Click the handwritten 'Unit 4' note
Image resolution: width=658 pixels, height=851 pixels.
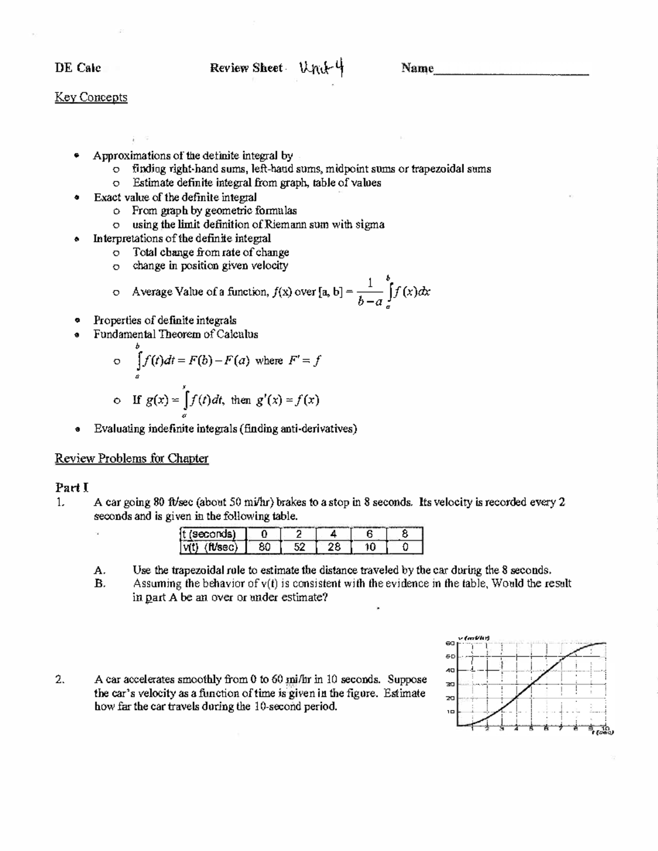[322, 68]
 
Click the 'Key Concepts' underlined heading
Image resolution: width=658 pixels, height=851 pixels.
[91, 98]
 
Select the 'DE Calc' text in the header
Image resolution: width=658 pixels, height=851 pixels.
[78, 68]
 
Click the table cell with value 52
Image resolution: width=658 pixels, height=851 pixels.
[299, 547]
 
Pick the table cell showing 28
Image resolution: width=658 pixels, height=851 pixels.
[334, 547]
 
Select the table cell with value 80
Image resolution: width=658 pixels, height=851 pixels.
[264, 547]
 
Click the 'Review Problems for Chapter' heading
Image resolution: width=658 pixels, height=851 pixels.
[132, 459]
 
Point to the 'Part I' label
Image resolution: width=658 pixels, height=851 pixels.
[72, 487]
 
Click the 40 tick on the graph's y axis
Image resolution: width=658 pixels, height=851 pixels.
[451, 670]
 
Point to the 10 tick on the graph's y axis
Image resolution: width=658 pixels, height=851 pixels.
[451, 712]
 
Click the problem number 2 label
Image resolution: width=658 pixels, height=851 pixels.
[60, 679]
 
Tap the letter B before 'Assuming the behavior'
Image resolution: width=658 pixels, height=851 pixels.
[99, 584]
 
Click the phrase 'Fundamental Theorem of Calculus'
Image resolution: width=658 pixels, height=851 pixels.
[175, 334]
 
